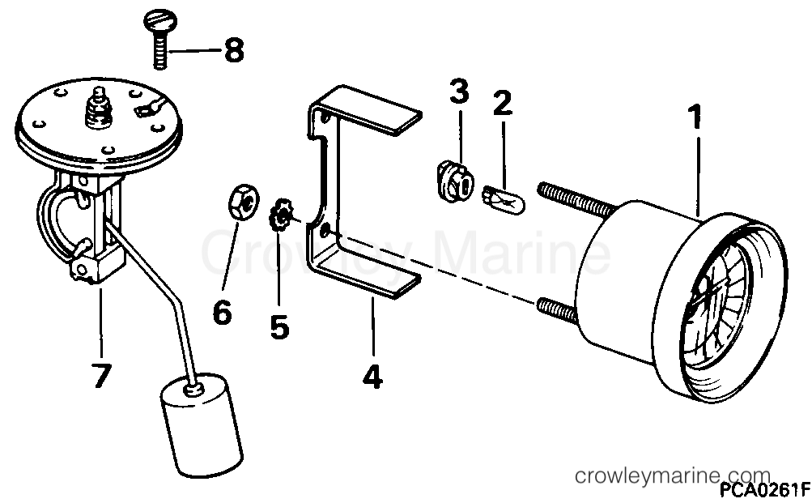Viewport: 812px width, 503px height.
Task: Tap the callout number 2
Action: point(503,104)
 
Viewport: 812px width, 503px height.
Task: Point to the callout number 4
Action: point(373,377)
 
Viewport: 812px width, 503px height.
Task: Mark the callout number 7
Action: point(101,375)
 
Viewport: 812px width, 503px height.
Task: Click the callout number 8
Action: point(233,53)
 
